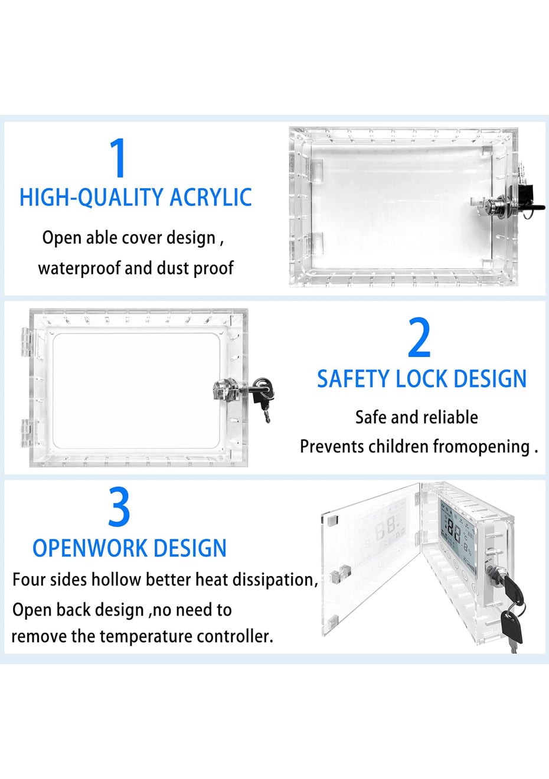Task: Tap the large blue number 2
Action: click(420, 337)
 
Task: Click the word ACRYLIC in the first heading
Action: click(211, 197)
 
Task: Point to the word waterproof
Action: click(79, 269)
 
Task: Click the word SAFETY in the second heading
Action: click(354, 379)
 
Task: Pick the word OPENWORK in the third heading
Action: click(90, 548)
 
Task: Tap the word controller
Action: click(235, 636)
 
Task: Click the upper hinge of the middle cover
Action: click(27, 343)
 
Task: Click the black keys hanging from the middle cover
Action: click(263, 398)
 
